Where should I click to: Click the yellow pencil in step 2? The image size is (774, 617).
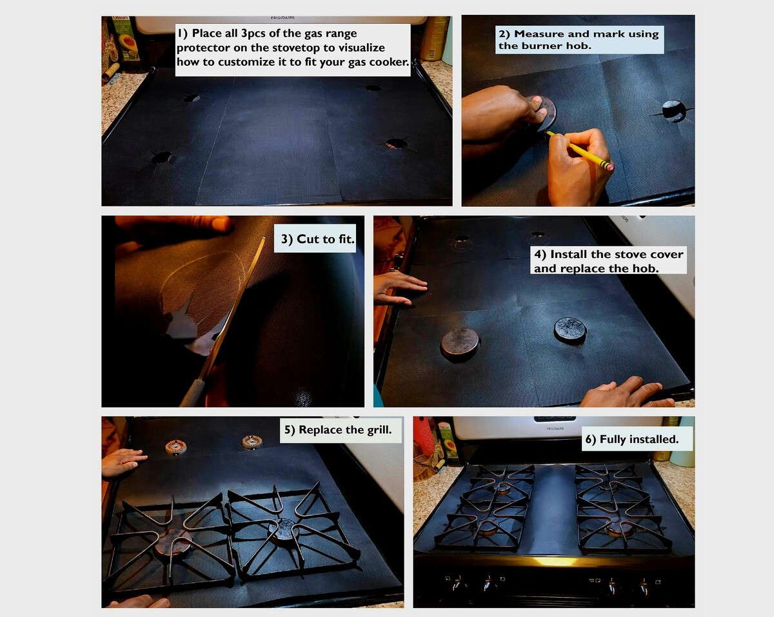coord(579,150)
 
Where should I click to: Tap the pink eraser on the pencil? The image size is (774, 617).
coord(610,167)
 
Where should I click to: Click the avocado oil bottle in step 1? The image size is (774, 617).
coord(124,39)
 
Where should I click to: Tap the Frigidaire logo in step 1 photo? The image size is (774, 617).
coord(283,17)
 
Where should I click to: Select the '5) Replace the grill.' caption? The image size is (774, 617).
coord(338,429)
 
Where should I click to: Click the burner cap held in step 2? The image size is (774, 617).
coord(544,113)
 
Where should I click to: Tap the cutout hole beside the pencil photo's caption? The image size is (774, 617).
coord(673,111)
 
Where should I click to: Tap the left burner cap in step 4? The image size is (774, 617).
coord(461,344)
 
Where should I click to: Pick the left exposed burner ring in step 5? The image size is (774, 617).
coord(176,447)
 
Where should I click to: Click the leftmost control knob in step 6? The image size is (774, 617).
coord(456,584)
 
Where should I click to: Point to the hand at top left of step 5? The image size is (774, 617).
coord(123,462)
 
